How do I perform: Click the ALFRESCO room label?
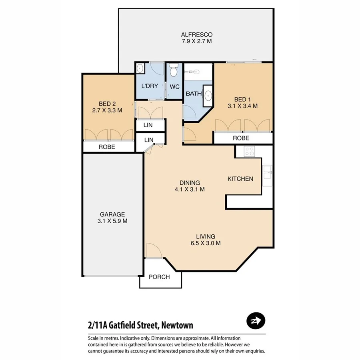pos(196,34)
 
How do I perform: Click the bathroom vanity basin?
pos(208,96)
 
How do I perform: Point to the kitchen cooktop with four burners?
pos(250,151)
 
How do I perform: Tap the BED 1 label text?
pos(242,99)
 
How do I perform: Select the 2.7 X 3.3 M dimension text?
pos(107,110)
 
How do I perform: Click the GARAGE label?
pos(112,214)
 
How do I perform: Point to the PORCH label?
pos(159,277)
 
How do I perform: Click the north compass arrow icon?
pos(256,320)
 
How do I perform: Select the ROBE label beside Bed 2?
pos(107,147)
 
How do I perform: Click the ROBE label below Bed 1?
pos(241,138)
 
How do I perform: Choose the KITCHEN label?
pos(240,179)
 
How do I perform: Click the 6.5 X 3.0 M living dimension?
pos(206,243)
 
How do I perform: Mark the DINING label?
pos(190,182)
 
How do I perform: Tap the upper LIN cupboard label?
pos(149,125)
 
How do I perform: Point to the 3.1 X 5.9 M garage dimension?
pos(112,221)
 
